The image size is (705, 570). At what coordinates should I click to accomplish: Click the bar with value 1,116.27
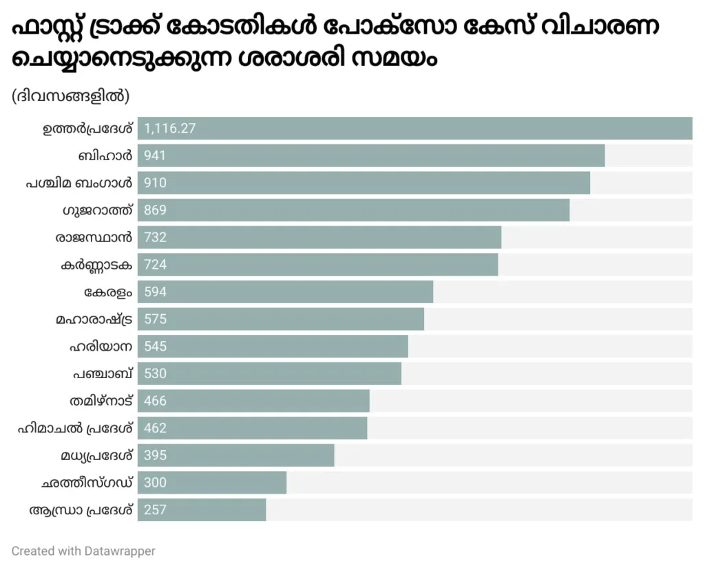414,129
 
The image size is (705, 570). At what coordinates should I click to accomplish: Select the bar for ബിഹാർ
371,155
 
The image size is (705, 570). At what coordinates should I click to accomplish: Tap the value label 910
156,183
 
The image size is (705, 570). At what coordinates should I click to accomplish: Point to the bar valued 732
319,237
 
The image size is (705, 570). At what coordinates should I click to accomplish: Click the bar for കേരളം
285,292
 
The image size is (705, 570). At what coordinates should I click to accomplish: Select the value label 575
156,319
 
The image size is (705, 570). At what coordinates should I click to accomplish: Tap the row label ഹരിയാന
101,346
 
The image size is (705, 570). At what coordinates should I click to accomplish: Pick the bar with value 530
269,373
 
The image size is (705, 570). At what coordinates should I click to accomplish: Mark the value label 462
156,428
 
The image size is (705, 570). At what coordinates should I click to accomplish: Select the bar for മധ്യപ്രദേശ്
235,455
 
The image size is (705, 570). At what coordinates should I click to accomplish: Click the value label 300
156,483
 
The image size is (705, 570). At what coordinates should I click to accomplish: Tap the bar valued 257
202,509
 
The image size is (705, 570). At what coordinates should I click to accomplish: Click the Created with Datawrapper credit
83,551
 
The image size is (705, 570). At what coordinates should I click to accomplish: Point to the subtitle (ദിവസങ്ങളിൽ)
70,96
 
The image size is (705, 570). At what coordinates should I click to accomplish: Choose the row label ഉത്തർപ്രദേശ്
87,129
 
